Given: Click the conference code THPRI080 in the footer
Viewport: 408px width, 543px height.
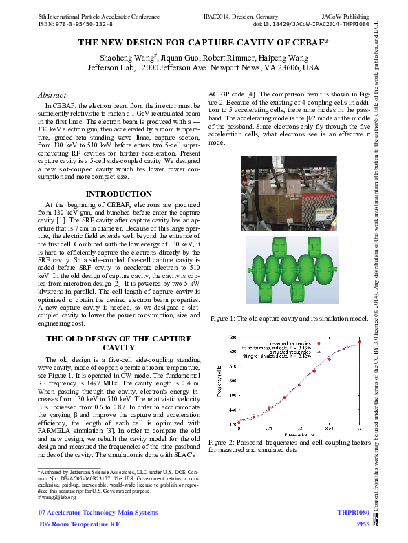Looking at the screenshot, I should coord(353,513).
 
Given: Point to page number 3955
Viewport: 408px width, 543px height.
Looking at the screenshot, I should coord(362,525).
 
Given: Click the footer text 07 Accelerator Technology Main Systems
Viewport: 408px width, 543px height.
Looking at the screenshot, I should coord(98,513).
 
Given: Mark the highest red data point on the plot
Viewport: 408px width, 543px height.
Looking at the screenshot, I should coord(359,343).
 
